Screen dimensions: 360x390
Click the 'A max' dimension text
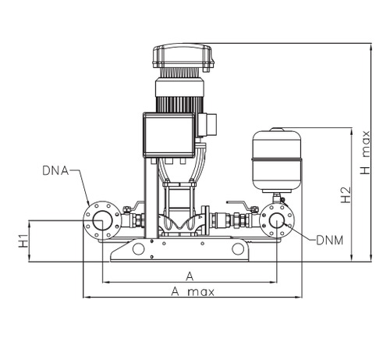(x=192, y=291)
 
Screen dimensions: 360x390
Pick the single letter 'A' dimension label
(x=190, y=275)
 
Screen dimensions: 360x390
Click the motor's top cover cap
(x=183, y=57)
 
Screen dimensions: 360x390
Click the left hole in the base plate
(x=138, y=249)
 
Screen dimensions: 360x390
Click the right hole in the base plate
(x=237, y=249)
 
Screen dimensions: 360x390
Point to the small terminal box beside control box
(x=207, y=123)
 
